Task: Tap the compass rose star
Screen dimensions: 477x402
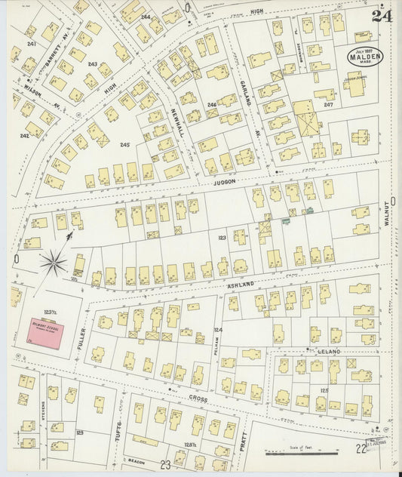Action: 54,263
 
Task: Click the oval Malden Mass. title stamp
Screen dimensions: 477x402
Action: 365,55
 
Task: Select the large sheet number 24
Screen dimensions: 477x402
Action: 382,15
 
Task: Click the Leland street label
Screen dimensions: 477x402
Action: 329,352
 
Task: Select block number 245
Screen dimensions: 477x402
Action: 124,144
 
